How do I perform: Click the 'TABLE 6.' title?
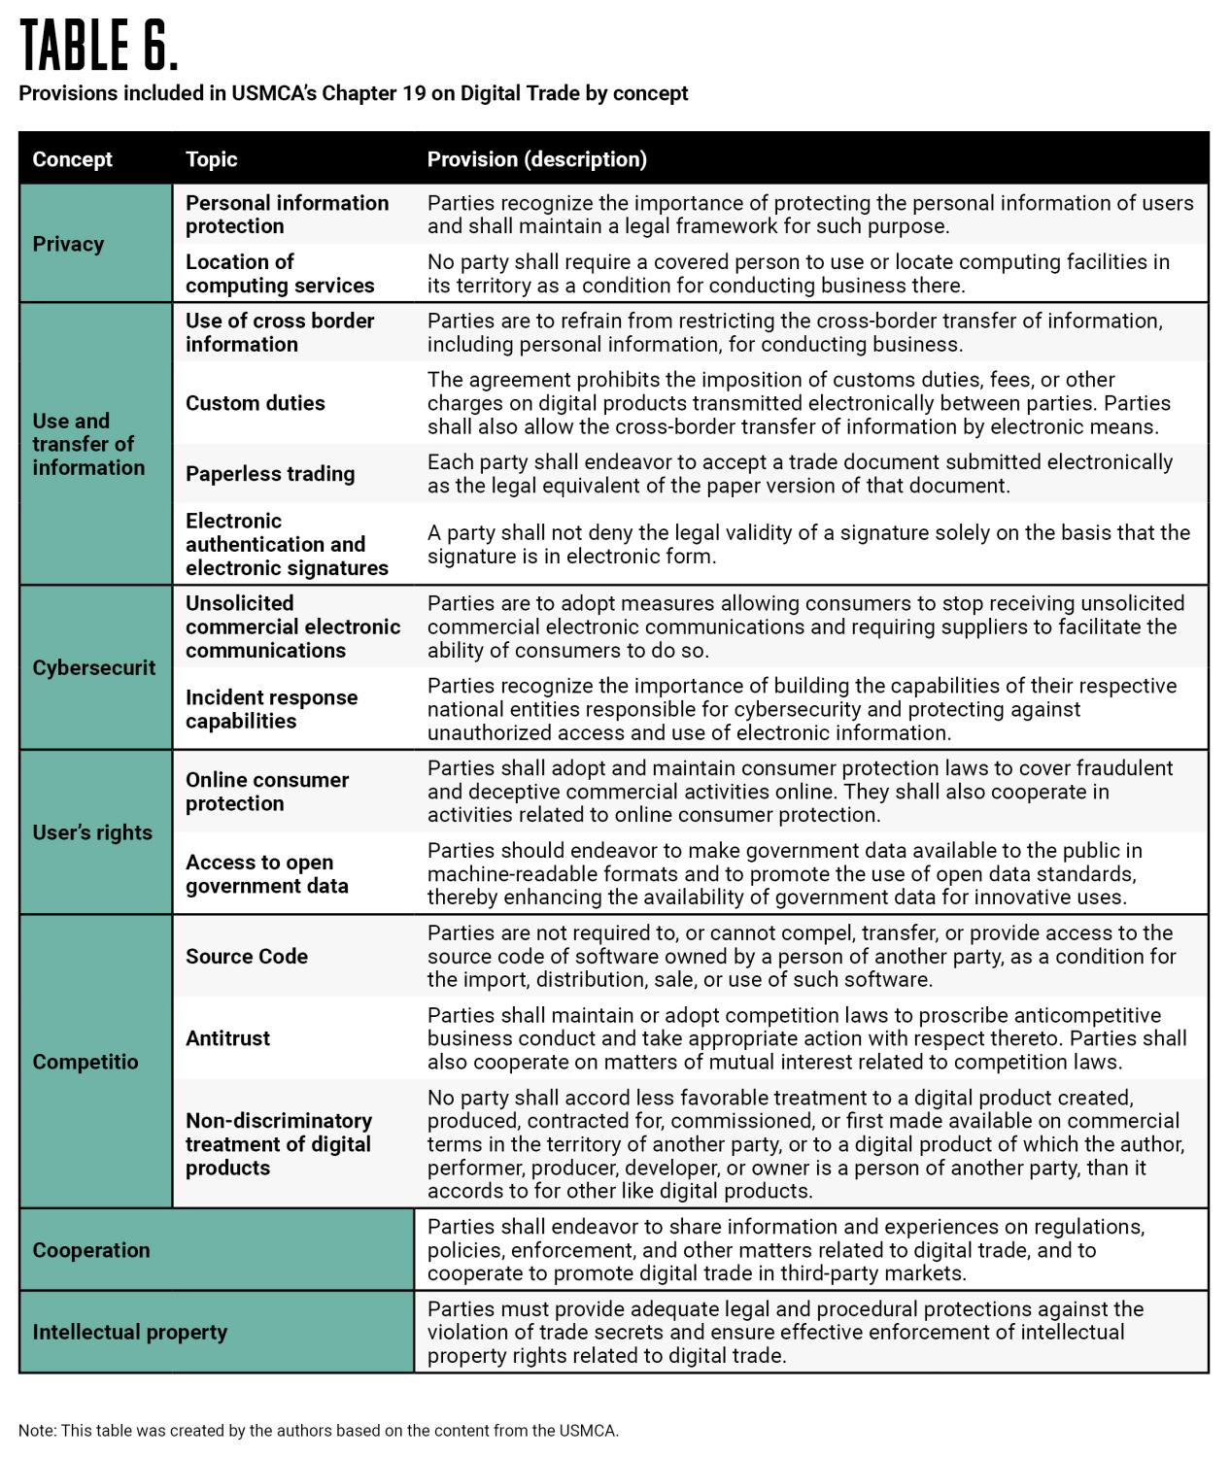[99, 46]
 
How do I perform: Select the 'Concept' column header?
[72, 159]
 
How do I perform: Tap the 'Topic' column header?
[211, 159]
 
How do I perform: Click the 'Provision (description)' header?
[536, 159]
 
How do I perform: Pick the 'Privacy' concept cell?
[68, 244]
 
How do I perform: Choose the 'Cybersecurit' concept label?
[93, 667]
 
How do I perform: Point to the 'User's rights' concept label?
[92, 832]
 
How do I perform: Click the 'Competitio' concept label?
[85, 1062]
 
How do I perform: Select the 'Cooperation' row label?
[91, 1250]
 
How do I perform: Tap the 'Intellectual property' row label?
[129, 1332]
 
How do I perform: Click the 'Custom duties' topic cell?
[256, 403]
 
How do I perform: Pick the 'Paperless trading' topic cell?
[270, 474]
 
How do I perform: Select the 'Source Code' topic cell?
[247, 957]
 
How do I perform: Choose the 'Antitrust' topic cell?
[227, 1038]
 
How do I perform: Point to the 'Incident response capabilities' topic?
[271, 709]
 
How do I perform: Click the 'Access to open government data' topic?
[266, 874]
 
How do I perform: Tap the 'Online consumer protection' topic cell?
[266, 792]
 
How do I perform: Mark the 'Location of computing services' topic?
[279, 274]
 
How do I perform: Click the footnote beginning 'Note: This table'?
[318, 1430]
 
